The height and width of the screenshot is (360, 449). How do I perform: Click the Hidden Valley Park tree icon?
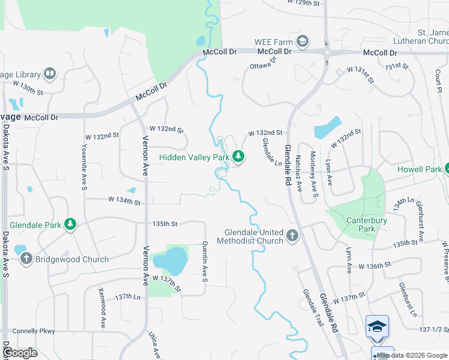click(239, 157)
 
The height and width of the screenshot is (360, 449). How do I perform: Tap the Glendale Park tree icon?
click(71, 224)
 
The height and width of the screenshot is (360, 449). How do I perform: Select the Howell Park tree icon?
click(447, 169)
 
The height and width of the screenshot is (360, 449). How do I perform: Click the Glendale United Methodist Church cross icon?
click(292, 235)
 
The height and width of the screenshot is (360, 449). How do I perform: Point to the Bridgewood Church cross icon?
click(26, 259)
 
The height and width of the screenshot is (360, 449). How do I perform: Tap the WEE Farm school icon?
click(303, 41)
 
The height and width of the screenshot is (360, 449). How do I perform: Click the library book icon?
click(50, 74)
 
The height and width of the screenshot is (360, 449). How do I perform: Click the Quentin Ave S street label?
click(205, 262)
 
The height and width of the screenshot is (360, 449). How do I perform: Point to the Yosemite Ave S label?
click(85, 167)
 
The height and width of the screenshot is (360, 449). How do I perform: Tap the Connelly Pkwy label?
click(34, 331)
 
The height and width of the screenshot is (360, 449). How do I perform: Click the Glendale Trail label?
click(313, 307)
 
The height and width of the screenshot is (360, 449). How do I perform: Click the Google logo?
click(20, 353)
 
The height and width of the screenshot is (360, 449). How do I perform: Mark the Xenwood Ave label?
click(103, 316)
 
